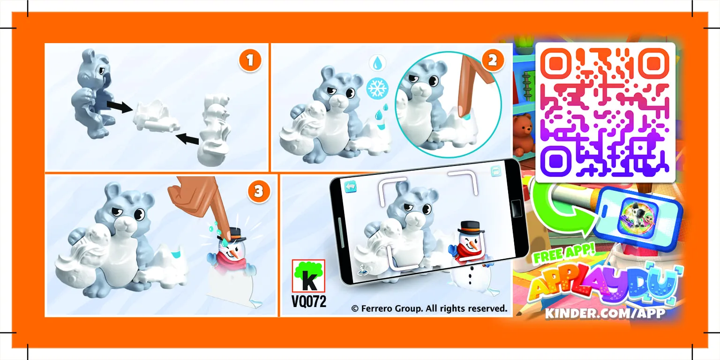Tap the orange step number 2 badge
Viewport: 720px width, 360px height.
coord(492,61)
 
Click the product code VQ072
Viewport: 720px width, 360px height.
coord(308,301)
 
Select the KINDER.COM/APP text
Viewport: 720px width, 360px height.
coord(605,313)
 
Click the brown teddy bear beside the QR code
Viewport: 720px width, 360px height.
coord(524,134)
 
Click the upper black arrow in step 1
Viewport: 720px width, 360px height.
coord(118,106)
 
